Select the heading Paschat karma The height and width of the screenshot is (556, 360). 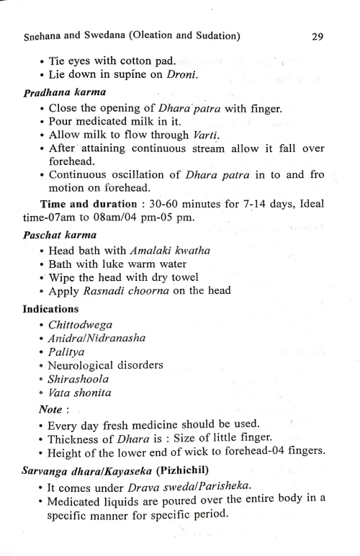(x=51, y=237)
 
